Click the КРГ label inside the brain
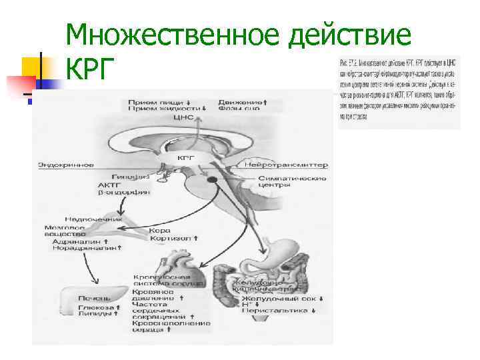186,158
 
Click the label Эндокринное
65,163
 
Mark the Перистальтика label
273,309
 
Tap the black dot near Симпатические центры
213,181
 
